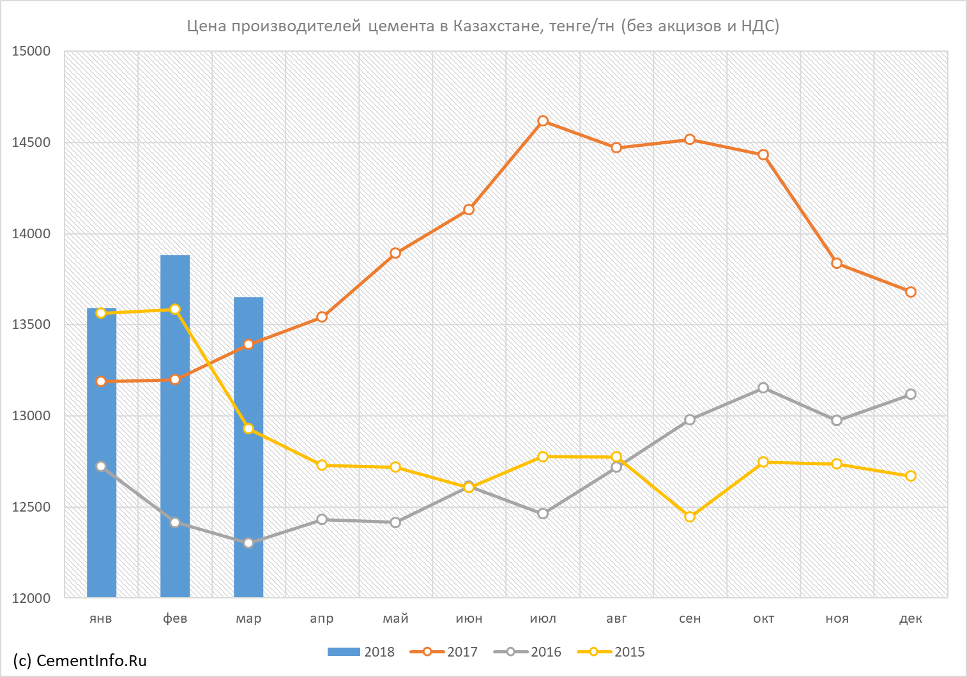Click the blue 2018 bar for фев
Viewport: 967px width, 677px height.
click(175, 426)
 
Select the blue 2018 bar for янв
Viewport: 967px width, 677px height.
click(102, 452)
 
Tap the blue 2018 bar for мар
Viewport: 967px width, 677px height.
click(248, 447)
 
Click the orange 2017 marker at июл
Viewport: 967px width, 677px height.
click(543, 121)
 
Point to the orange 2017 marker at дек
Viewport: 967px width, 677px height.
click(910, 292)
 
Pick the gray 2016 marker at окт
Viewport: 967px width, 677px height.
click(763, 388)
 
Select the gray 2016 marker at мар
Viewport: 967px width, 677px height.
click(248, 543)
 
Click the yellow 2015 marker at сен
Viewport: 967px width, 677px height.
click(690, 517)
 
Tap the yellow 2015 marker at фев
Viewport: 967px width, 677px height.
click(175, 309)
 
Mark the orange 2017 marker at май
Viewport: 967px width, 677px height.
click(395, 253)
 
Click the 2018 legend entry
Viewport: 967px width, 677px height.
click(361, 651)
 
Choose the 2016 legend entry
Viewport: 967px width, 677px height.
click(528, 651)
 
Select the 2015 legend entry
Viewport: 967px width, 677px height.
click(611, 651)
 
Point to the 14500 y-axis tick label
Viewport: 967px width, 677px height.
click(31, 142)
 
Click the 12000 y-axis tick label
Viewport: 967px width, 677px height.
click(31, 598)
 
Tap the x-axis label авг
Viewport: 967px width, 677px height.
click(616, 619)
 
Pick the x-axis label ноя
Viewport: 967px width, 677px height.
click(837, 619)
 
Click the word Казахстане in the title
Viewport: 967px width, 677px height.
click(496, 26)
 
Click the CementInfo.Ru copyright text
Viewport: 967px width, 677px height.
click(80, 660)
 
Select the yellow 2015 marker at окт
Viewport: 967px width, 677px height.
click(763, 462)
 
